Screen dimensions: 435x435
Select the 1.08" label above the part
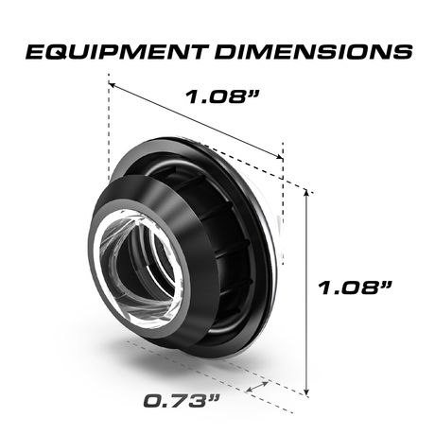click(220, 96)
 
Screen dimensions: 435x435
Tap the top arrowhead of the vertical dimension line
click(307, 189)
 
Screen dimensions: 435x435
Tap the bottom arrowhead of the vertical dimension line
click(307, 391)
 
